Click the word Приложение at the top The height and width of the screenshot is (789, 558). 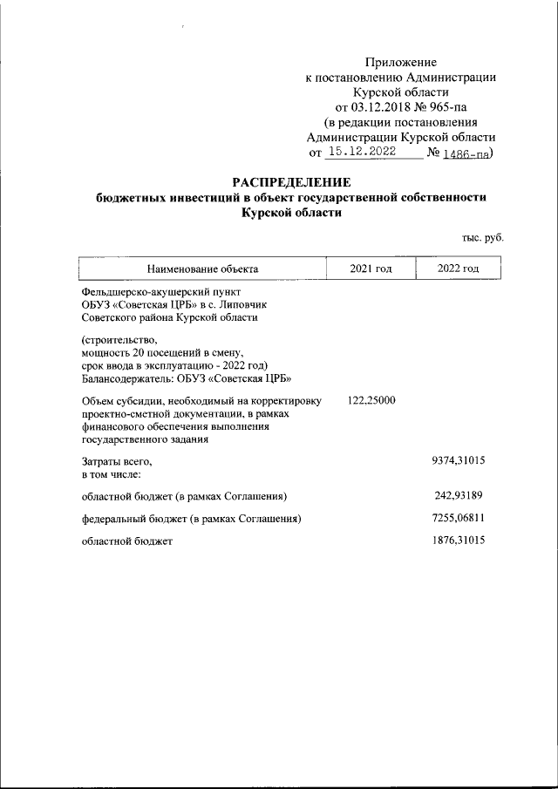401,62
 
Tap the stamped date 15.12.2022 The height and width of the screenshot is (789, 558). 360,152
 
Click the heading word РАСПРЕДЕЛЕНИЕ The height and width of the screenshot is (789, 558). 290,182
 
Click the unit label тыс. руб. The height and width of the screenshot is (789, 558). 483,237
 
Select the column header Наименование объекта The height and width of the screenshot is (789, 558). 202,269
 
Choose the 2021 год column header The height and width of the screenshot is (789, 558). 371,269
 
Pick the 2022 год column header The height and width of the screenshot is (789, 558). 459,269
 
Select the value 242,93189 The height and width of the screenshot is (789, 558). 459,496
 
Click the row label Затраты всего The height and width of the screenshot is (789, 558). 117,461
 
